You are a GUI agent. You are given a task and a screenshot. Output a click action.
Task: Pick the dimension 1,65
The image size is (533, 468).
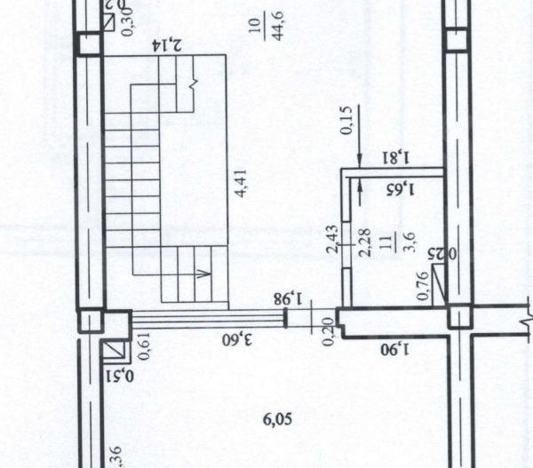click(401, 187)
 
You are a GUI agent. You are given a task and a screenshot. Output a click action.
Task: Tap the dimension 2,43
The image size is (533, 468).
click(331, 240)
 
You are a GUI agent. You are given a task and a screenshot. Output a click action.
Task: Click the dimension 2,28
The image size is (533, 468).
click(363, 241)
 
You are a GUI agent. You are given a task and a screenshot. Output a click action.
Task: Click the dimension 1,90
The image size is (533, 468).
click(394, 347)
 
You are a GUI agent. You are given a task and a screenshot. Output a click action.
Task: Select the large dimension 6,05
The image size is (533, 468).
click(277, 416)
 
